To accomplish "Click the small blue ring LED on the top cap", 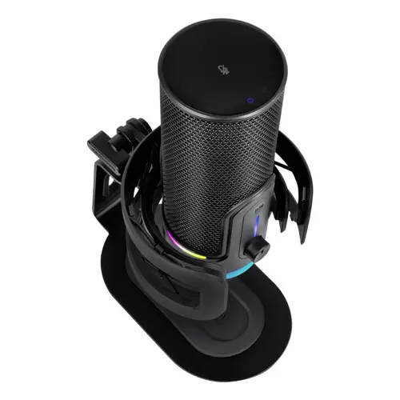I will click(x=250, y=101).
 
